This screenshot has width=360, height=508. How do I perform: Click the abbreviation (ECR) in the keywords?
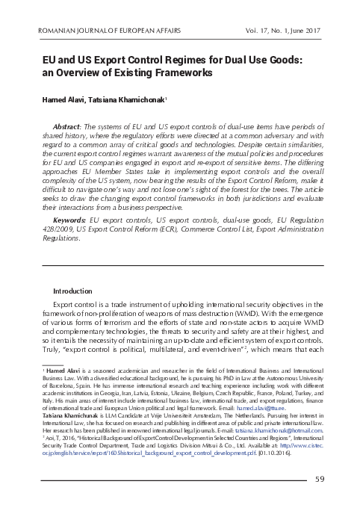157,232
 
